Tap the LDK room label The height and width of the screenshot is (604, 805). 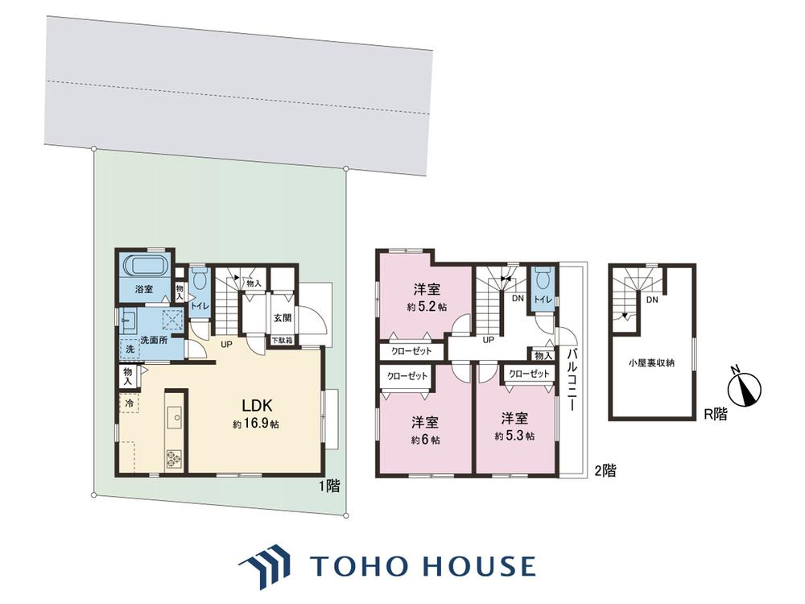pos(257,406)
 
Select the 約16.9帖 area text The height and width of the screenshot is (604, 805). pos(256,424)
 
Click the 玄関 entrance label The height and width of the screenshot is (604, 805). pos(282,318)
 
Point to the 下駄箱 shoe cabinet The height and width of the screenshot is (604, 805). pos(282,340)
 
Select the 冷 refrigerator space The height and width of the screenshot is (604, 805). pos(130,403)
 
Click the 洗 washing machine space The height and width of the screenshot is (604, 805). pos(130,349)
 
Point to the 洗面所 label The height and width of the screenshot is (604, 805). pos(154,340)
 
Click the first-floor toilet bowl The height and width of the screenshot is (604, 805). pos(199,279)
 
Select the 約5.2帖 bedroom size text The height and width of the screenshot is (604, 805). pos(427,307)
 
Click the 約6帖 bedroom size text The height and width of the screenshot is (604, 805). pos(424,441)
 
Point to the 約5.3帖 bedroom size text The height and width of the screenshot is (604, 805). pos(514,436)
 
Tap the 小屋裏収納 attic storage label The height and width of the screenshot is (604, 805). pos(651,363)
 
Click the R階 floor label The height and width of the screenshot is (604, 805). pos(715,414)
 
